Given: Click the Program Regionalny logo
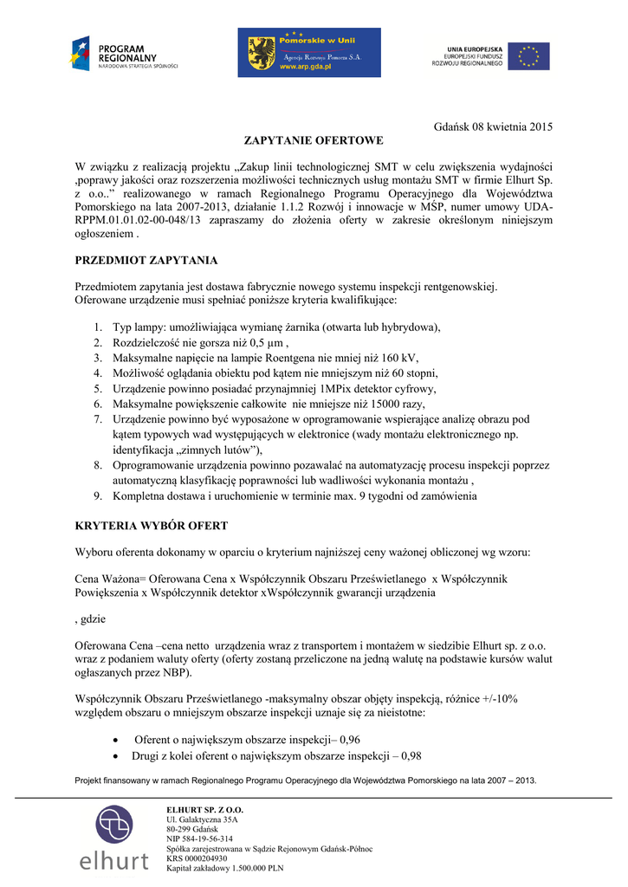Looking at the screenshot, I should pos(125,54).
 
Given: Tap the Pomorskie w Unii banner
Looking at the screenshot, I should pos(309,53).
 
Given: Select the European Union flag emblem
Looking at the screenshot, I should pos(528,56).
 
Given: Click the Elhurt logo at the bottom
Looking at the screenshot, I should pos(114,838).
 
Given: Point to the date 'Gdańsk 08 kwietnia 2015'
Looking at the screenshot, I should pos(492,127).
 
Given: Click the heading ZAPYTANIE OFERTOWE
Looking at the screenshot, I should pos(313,139).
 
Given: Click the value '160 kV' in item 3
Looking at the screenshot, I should pos(399,358).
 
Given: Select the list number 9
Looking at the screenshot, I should pos(98,496).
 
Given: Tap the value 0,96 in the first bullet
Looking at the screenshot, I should pos(350,740).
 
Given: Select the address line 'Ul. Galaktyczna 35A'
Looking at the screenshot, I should pos(202,819).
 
